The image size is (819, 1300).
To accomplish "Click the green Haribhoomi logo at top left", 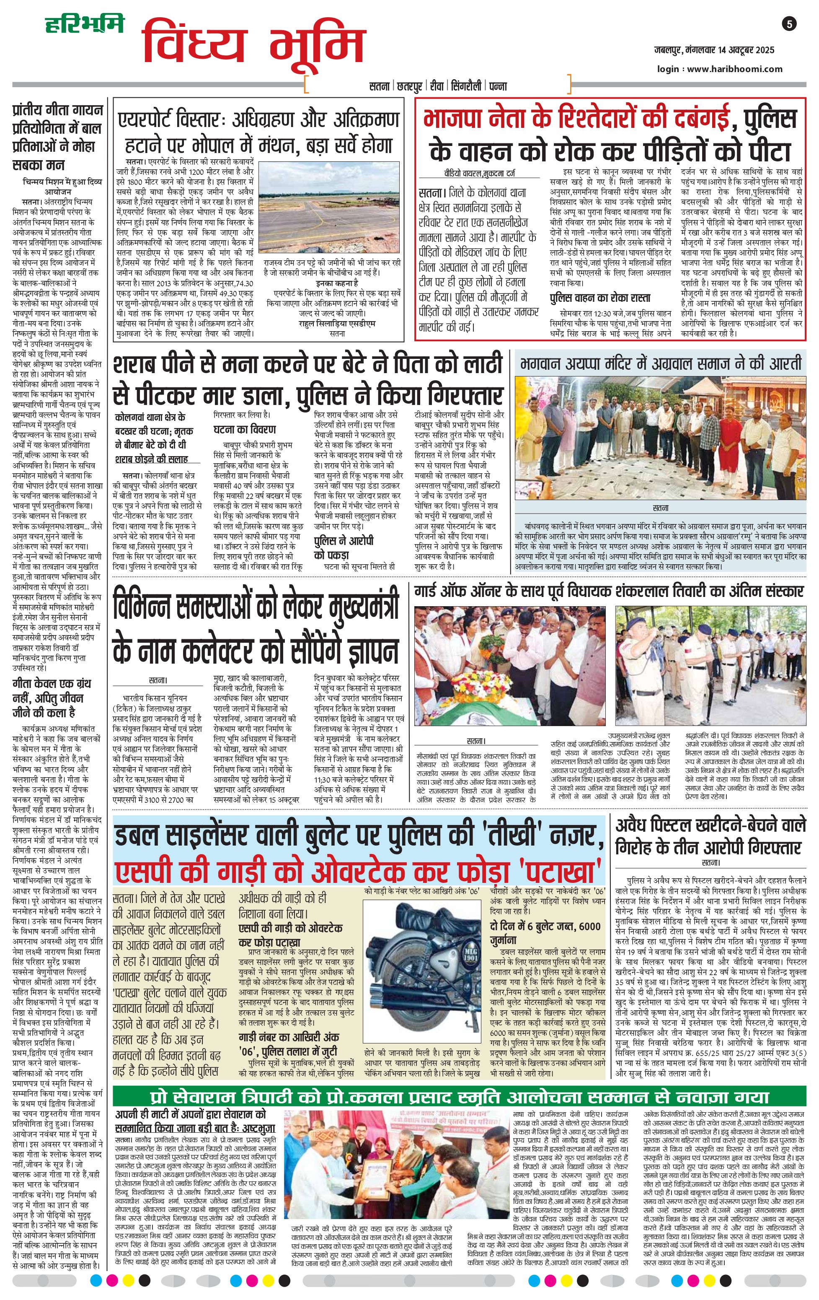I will point(84,24).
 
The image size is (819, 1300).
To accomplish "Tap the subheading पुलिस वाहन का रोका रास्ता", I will point(600,298).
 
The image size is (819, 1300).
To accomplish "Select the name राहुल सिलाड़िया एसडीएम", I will point(337,323).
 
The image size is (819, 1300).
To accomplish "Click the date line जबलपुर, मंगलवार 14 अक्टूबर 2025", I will point(714,50).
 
